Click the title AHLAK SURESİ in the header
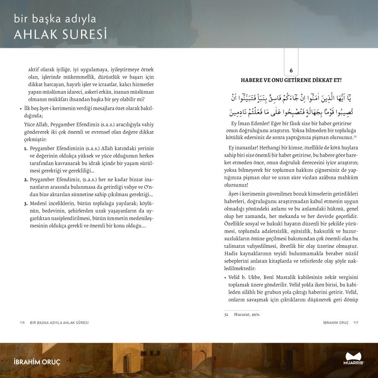tap(60, 34)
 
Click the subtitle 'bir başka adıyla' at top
tap(55, 19)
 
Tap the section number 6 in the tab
tap(291, 71)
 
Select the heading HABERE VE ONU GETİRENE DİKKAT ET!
tap(291, 80)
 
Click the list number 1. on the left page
tap(26, 149)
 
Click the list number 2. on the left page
tap(26, 180)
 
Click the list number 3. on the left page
tap(26, 203)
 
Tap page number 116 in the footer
tap(22, 323)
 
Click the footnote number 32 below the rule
tap(226, 314)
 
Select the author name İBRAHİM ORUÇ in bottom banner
tap(37, 362)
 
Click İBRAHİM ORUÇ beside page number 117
tap(336, 323)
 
